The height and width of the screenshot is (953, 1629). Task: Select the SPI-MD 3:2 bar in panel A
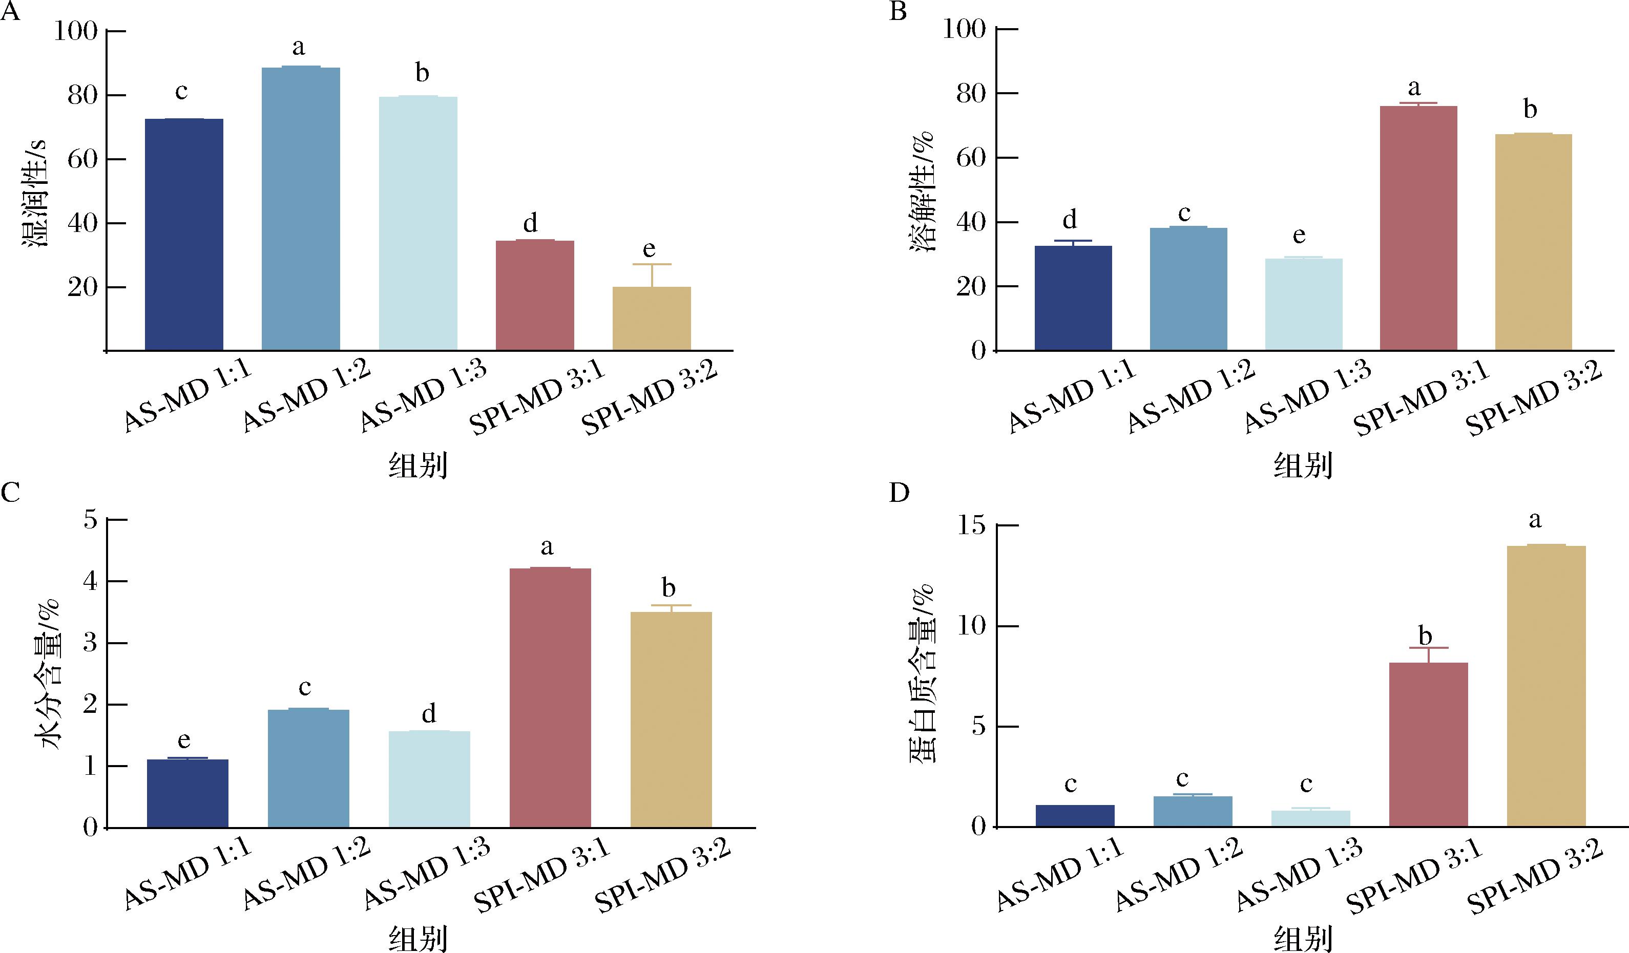652,318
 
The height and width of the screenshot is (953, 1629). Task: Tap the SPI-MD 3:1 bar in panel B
1418,227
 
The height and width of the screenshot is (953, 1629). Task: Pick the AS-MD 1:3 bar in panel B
1303,304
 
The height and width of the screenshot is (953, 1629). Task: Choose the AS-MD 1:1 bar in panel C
187,793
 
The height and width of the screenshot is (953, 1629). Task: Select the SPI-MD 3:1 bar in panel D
1428,744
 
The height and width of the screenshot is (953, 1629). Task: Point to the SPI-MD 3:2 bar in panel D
1546,686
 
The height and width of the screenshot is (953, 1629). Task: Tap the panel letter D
899,493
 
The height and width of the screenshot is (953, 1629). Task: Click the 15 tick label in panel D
973,526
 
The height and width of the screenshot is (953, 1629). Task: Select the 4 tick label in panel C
91,582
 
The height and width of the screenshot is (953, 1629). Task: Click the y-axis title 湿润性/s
35,193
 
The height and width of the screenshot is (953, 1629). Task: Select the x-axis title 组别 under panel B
1303,465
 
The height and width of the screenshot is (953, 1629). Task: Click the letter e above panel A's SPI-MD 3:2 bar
649,249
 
